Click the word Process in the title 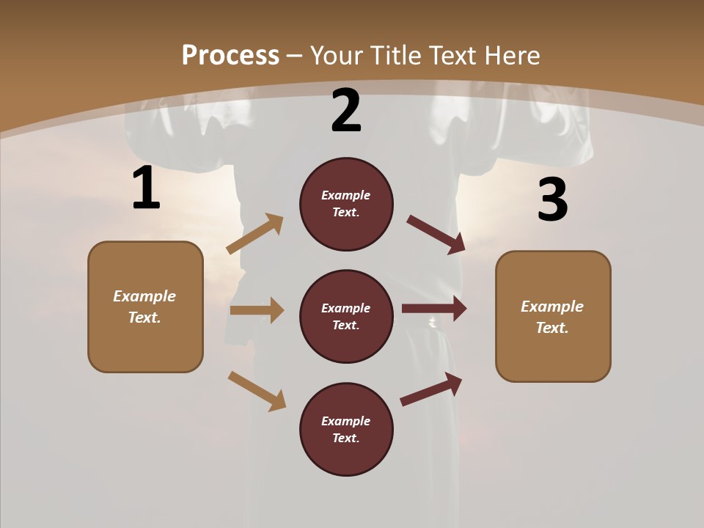(230, 55)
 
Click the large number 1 (146, 188)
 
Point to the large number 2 (346, 111)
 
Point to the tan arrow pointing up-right (255, 234)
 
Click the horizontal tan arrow (257, 310)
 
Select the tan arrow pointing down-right (257, 391)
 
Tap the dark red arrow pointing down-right (436, 235)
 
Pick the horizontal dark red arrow (434, 309)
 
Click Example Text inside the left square (144, 307)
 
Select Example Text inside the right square (552, 317)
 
